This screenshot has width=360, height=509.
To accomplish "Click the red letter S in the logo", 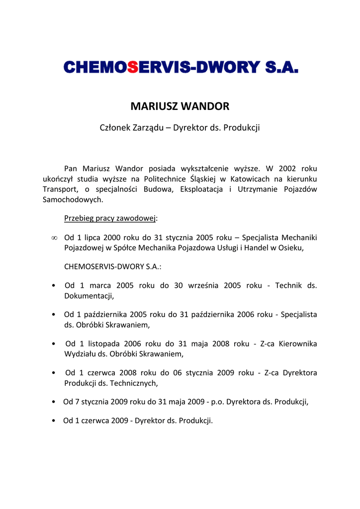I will (x=132, y=67).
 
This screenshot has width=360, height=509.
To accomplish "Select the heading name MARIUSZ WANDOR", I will (x=180, y=106).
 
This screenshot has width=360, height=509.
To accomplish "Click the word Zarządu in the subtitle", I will (x=148, y=128).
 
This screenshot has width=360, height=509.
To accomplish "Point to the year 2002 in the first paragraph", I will (x=287, y=169).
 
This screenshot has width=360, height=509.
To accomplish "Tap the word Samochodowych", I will (x=73, y=200).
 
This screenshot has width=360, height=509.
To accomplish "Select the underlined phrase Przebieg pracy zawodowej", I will (x=110, y=218).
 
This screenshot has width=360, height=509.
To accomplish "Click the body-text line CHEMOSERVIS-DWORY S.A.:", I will (x=113, y=266).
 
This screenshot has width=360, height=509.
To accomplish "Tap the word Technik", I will (x=288, y=286).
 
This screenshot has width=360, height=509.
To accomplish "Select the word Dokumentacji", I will (x=89, y=296).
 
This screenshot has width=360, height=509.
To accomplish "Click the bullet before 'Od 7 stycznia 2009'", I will (x=54, y=402).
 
